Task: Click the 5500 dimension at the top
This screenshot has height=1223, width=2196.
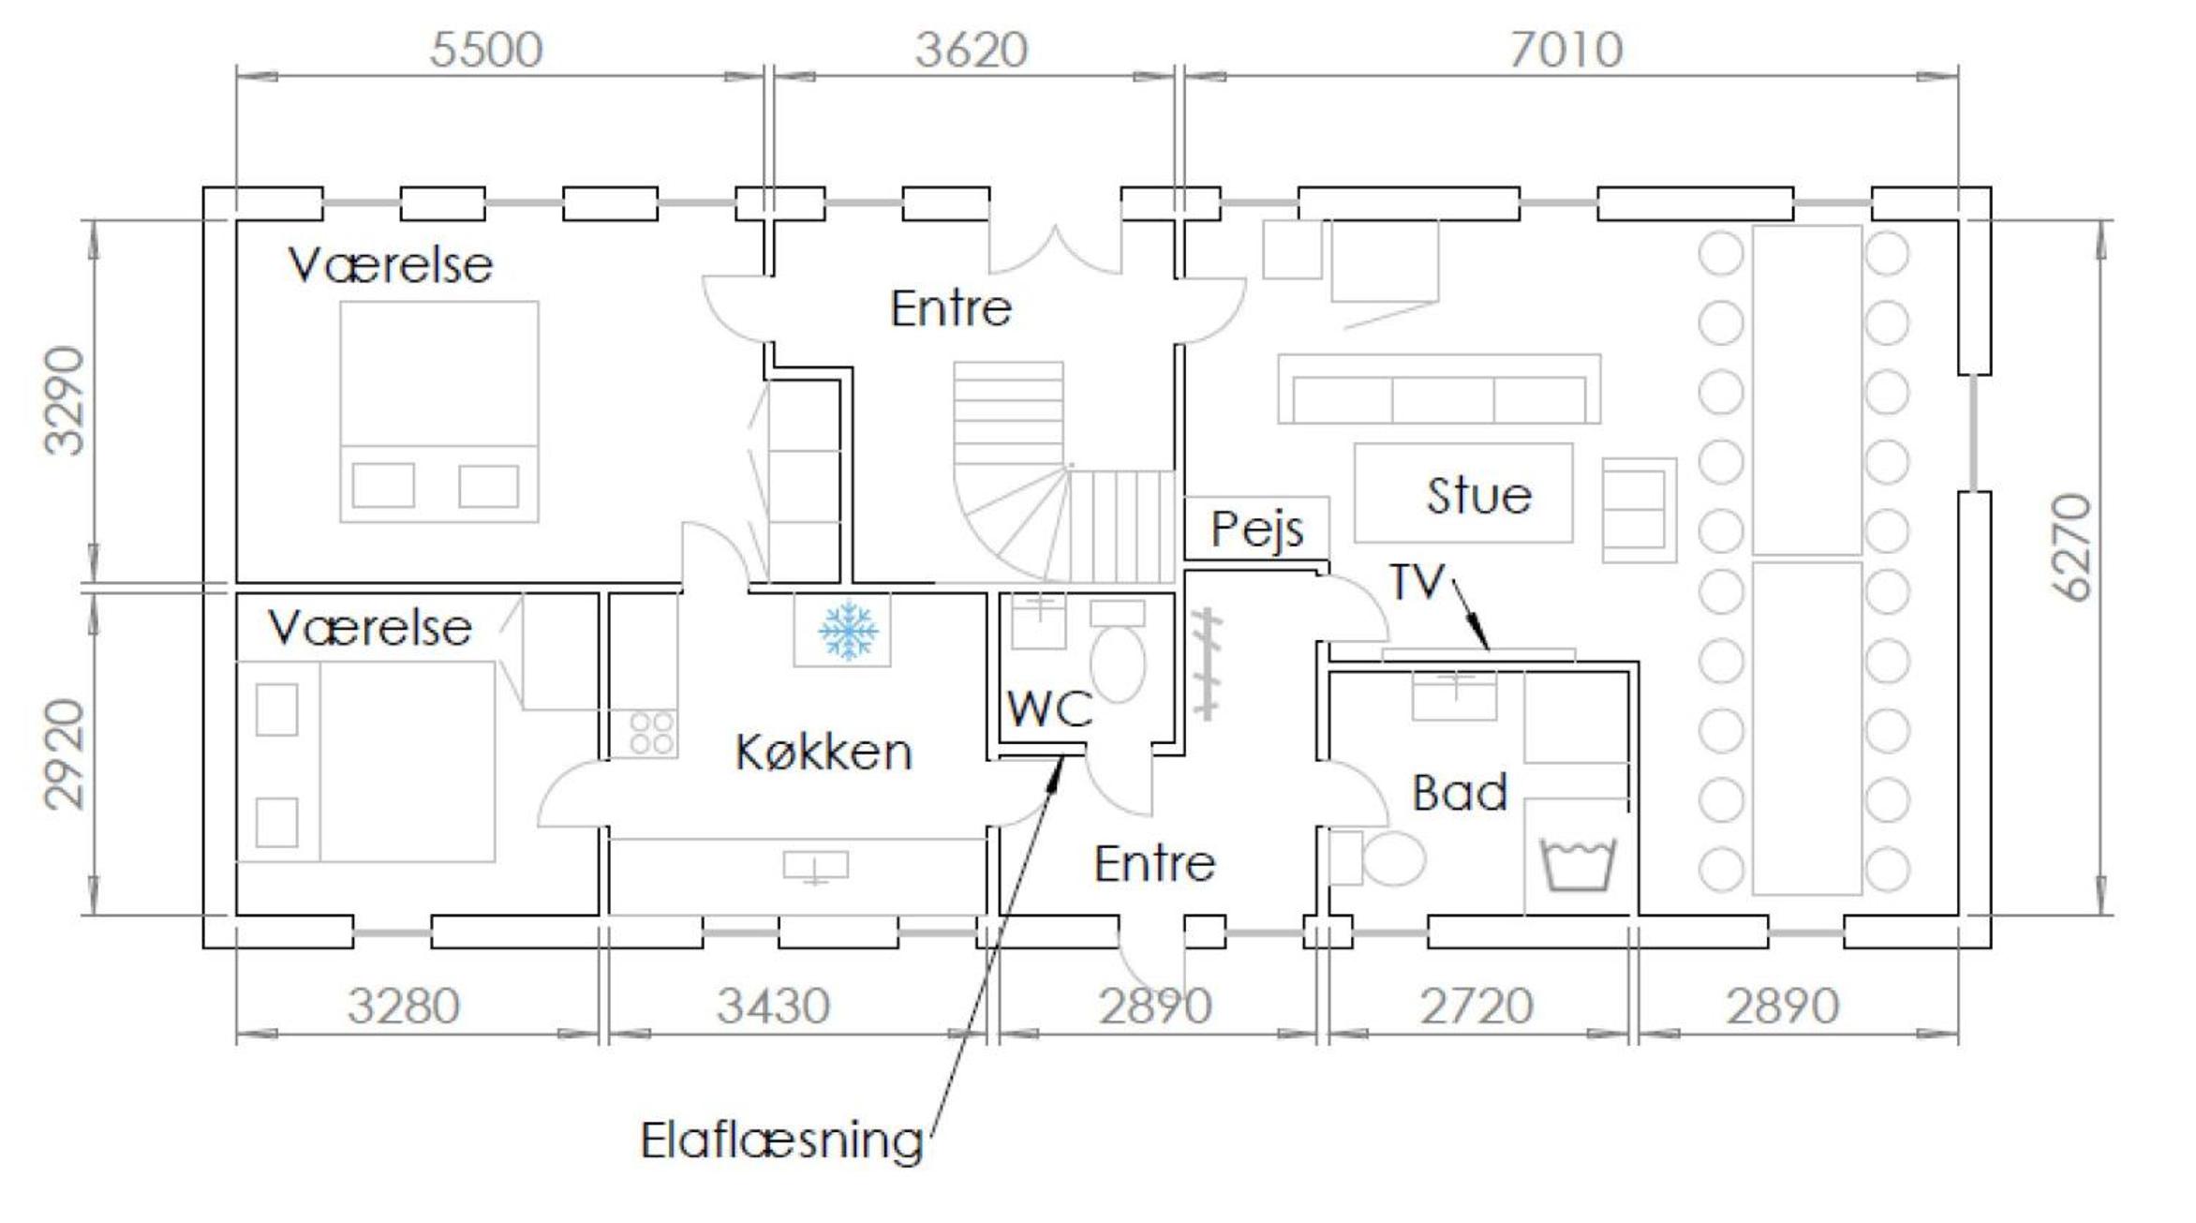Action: click(x=486, y=50)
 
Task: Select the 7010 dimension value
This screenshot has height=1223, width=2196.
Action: click(x=1565, y=50)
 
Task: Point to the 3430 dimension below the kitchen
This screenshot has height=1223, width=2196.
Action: click(x=773, y=1007)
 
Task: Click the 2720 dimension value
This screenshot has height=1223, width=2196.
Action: click(x=1476, y=1007)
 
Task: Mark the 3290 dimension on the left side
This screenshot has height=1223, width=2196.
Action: click(x=65, y=400)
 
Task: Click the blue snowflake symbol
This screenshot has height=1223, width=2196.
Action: click(x=848, y=630)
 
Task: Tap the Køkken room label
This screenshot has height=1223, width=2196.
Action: click(x=823, y=753)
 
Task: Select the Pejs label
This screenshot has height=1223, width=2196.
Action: click(x=1256, y=530)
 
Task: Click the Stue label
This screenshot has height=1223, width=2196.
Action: click(x=1478, y=496)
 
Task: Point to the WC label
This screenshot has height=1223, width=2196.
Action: click(x=1050, y=709)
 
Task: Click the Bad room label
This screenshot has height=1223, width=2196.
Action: click(x=1460, y=793)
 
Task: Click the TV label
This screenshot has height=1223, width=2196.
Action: click(x=1417, y=581)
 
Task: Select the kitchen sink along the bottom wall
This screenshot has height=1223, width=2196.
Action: click(x=815, y=867)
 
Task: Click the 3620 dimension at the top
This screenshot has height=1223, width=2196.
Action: click(x=972, y=50)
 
